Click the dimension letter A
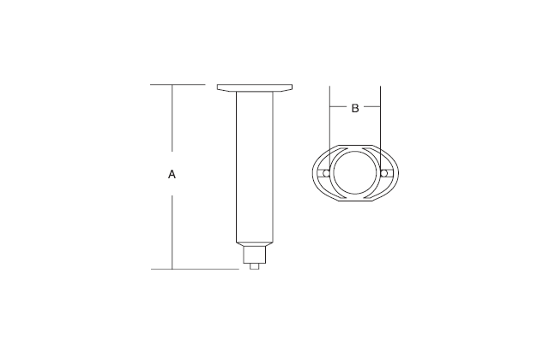click(172, 175)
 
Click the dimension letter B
click(355, 108)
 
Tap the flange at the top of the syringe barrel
click(255, 88)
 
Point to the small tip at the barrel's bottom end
click(255, 266)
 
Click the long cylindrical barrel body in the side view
click(255, 163)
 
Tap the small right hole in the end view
click(385, 174)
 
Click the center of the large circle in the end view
click(355, 174)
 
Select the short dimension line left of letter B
click(339, 108)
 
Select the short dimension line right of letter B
click(372, 108)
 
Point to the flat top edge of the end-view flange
click(355, 144)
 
